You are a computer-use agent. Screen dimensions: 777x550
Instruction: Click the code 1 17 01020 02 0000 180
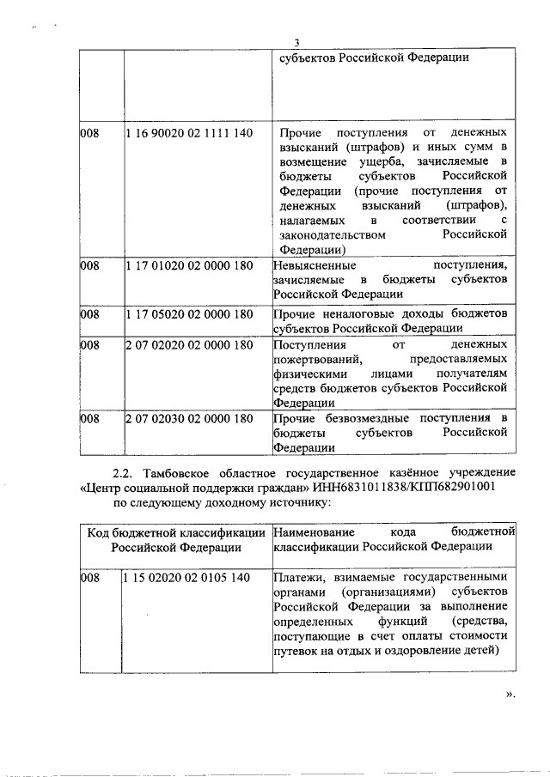coord(188,266)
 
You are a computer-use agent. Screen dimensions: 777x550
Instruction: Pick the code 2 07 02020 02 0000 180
coord(188,344)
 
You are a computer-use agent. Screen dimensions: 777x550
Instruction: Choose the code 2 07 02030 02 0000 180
coord(188,418)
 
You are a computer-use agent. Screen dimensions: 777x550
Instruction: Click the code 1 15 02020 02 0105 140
coord(188,578)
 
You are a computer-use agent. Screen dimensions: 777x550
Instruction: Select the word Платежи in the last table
coord(298,578)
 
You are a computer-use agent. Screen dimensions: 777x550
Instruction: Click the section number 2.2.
coord(126,473)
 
